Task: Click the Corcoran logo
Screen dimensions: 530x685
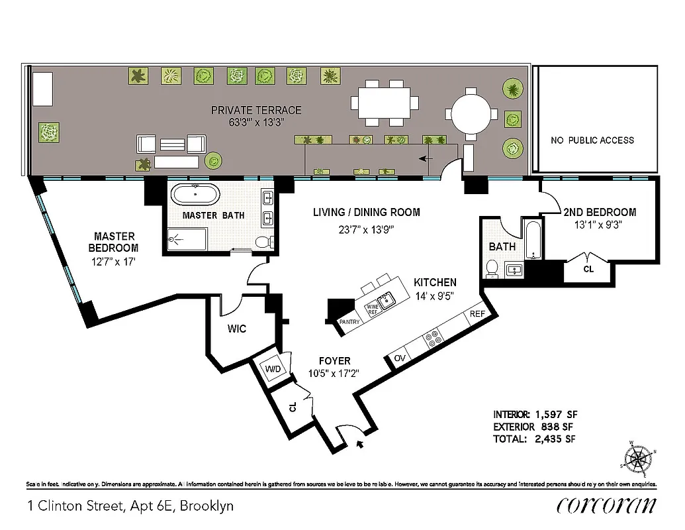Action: point(606,505)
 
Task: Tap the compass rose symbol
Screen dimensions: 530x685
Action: point(640,457)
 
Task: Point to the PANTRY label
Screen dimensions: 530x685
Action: point(349,322)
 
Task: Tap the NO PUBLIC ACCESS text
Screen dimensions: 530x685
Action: point(592,140)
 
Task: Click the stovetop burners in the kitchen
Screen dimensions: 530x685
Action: point(434,339)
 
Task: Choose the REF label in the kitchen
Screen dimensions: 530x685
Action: point(477,313)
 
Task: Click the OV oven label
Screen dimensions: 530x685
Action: point(400,358)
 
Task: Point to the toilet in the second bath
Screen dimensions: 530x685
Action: point(492,268)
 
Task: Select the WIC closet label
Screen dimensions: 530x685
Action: point(236,329)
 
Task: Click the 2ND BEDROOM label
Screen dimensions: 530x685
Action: point(600,212)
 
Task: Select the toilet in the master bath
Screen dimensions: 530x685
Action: point(263,242)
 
